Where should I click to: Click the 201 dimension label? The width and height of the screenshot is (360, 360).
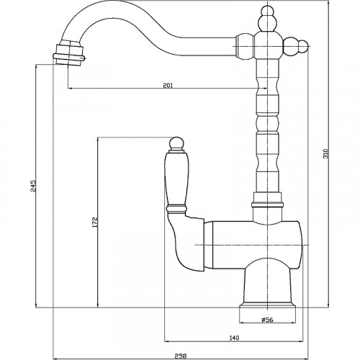(168, 86)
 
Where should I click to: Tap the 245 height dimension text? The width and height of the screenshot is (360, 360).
(33, 186)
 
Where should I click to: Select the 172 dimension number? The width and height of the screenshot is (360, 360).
(95, 222)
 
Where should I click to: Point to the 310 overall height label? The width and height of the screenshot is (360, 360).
(325, 153)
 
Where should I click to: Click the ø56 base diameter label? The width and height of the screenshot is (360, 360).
(267, 320)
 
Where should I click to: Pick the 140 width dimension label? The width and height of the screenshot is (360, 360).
(234, 338)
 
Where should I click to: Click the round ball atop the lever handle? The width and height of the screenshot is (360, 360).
(176, 143)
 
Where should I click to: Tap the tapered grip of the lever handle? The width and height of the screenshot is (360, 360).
(176, 179)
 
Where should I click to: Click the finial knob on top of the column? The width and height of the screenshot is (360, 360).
(267, 19)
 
